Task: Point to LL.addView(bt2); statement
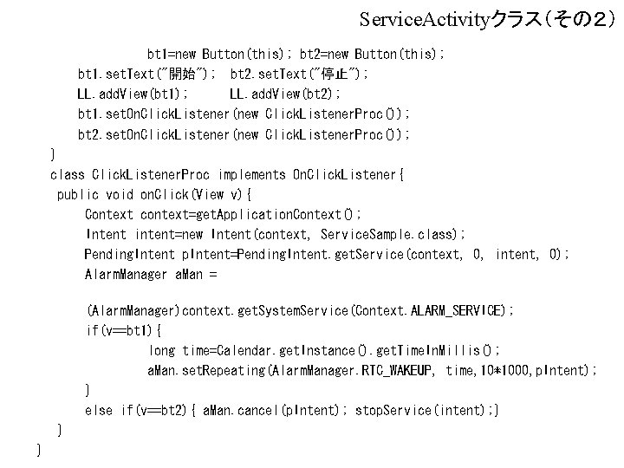click(x=285, y=94)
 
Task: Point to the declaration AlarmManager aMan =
click(x=151, y=274)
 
